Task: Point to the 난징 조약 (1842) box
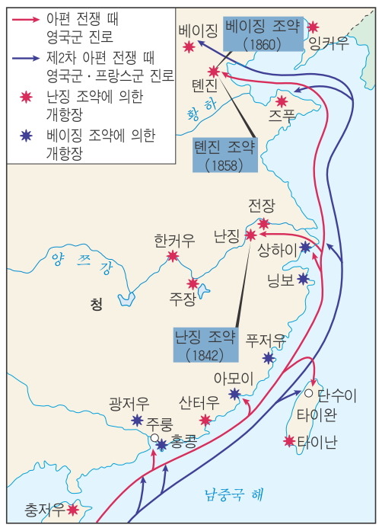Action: click(x=205, y=345)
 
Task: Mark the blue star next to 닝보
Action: click(x=304, y=279)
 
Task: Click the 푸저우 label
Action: click(x=266, y=340)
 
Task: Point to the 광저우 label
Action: click(x=129, y=403)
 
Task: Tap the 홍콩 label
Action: click(x=184, y=443)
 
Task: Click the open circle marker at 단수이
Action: click(x=308, y=393)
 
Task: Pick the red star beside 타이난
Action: click(x=289, y=440)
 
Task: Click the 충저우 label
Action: click(x=45, y=509)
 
